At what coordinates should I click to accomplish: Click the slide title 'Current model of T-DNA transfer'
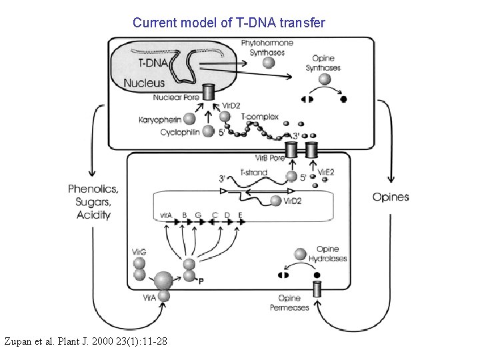coord(229,23)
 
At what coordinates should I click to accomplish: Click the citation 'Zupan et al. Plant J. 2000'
coord(85,342)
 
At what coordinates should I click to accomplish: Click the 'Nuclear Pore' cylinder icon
coord(209,92)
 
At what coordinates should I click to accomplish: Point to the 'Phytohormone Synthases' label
coord(263,47)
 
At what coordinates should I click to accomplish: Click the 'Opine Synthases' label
coord(323,63)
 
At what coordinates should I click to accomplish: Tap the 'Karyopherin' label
coord(158,120)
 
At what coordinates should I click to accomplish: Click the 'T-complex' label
coord(260,118)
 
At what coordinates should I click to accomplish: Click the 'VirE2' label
coord(325,173)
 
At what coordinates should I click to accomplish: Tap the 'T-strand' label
coord(252,173)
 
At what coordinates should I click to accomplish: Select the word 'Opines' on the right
coord(391,197)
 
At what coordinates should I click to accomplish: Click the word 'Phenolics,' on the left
coord(93,189)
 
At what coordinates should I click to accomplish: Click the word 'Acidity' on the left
coord(93,215)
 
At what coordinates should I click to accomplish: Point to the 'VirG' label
coord(139,252)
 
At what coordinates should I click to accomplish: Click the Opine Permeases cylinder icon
coord(317,289)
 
